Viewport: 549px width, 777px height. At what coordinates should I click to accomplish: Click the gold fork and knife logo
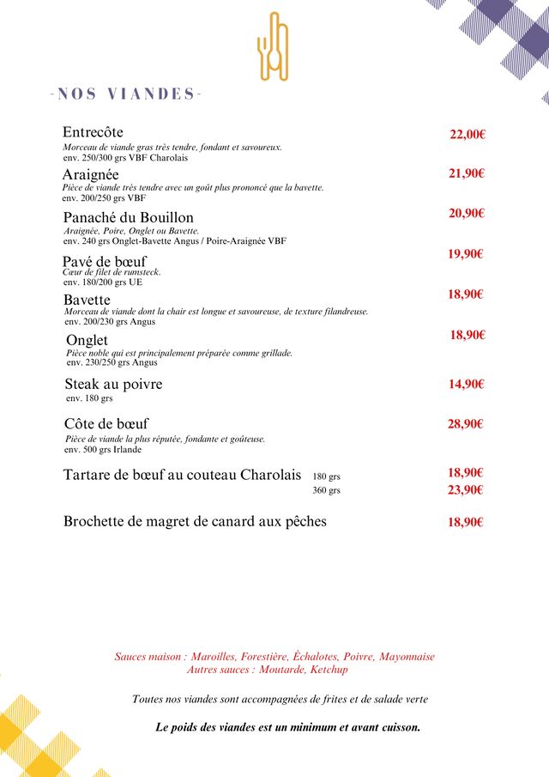click(273, 46)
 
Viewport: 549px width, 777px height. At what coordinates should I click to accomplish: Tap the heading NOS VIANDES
click(126, 94)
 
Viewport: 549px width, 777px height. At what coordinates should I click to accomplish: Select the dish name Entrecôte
click(93, 132)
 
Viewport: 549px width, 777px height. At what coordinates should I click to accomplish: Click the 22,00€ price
click(468, 134)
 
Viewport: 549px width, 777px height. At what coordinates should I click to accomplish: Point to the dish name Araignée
click(90, 174)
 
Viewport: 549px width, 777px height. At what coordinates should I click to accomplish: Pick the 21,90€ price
click(467, 173)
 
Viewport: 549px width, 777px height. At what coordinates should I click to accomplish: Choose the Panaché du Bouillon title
click(129, 217)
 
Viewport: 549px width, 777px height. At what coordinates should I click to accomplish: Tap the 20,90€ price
click(467, 214)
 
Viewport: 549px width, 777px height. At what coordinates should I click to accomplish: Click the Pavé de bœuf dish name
click(105, 261)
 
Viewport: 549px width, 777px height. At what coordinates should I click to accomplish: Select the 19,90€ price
click(466, 254)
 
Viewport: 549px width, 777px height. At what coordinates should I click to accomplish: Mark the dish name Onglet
click(87, 341)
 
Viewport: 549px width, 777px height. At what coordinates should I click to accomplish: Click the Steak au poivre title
click(113, 384)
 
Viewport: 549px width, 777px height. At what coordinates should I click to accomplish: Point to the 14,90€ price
click(467, 385)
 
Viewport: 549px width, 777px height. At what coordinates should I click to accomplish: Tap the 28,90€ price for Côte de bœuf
click(466, 424)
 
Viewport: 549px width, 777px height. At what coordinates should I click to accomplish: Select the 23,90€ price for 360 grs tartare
click(466, 490)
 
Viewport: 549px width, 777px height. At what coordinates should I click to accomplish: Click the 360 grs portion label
click(326, 491)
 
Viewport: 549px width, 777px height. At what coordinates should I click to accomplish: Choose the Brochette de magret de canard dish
click(195, 521)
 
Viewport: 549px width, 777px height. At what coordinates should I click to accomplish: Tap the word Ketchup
click(329, 670)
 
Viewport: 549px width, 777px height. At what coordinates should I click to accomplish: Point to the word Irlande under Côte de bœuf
click(127, 449)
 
